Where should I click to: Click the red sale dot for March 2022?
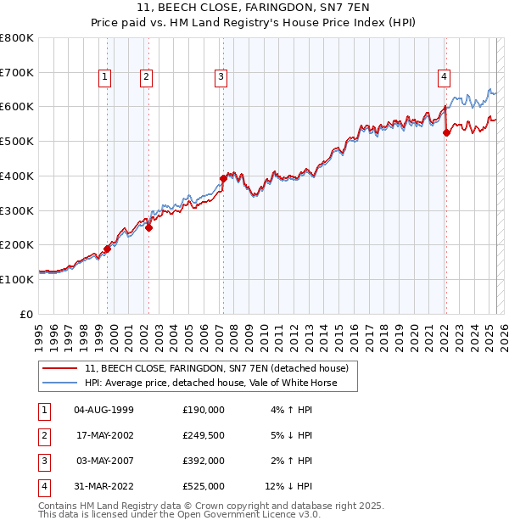click(446, 131)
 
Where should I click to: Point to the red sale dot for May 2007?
click(223, 178)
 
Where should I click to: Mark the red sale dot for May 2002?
click(148, 227)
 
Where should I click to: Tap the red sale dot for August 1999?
click(108, 248)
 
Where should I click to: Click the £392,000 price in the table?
click(204, 461)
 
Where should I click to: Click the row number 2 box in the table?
click(43, 435)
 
